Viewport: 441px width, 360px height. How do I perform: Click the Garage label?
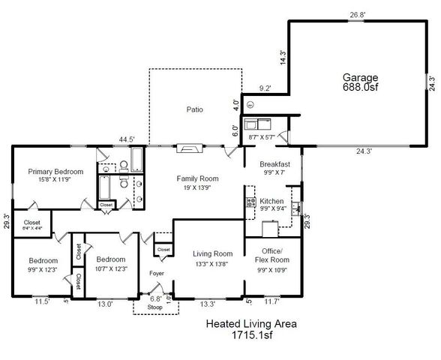pos(360,77)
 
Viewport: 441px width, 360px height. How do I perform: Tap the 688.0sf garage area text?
pos(360,87)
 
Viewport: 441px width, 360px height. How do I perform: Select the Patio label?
pos(195,109)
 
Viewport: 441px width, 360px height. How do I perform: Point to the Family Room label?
pos(197,178)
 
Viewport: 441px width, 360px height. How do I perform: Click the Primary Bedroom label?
pos(55,172)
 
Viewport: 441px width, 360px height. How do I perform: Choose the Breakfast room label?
pos(274,163)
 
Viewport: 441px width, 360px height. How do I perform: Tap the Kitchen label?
pos(271,201)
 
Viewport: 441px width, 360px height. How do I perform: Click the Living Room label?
pos(212,253)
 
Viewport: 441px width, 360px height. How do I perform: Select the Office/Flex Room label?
pos(271,255)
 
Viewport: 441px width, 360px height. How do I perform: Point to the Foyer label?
pos(156,273)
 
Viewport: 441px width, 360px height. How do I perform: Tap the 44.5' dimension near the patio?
pos(127,139)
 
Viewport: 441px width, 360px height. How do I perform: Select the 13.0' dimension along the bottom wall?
pos(104,304)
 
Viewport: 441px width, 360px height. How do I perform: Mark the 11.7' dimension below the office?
pos(271,303)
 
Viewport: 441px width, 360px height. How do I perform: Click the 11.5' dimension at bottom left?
pos(42,303)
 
